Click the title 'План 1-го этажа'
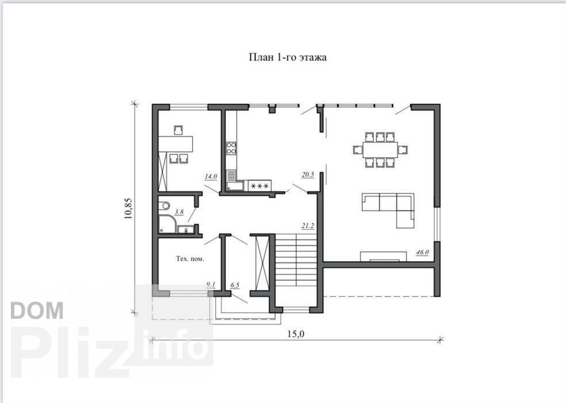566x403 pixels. (x=288, y=57)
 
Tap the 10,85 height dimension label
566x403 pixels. (x=128, y=208)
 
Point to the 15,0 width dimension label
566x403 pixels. (x=296, y=334)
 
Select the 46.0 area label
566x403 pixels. (x=422, y=252)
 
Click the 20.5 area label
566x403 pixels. (x=308, y=174)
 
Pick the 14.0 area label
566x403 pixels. (x=211, y=176)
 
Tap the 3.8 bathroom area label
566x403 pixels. (x=179, y=212)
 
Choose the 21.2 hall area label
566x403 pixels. (x=308, y=226)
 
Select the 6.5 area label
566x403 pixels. (x=235, y=285)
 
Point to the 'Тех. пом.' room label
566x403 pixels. (x=190, y=258)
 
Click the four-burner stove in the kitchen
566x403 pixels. (x=231, y=148)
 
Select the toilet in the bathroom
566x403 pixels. (x=164, y=206)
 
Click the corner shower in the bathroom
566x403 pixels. (x=167, y=224)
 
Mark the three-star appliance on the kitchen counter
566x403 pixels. (x=260, y=186)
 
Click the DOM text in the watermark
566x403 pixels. (x=37, y=310)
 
